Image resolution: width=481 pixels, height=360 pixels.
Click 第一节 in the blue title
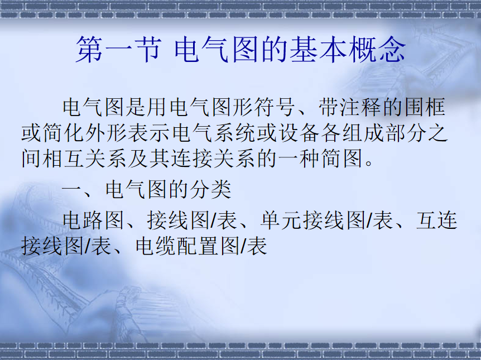click(119, 50)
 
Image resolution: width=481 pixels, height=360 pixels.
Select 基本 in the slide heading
click(318, 50)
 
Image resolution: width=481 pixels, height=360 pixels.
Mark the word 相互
click(64, 159)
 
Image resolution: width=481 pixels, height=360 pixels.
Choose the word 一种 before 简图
click(300, 159)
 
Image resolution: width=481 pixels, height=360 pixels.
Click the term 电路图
click(94, 220)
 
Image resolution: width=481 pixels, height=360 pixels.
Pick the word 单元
click(281, 220)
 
